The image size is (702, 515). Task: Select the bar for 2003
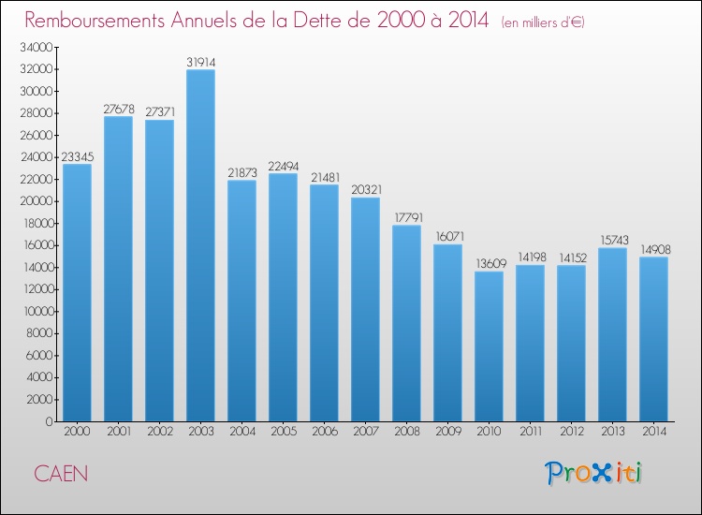tap(200, 245)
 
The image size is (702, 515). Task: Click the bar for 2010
tap(489, 346)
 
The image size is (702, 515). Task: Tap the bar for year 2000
tap(77, 292)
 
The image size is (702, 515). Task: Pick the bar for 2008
tap(406, 323)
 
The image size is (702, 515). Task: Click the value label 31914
tap(200, 62)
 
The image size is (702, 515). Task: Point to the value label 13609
tap(489, 264)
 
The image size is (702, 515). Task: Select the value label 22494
tap(283, 166)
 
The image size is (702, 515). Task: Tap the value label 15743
tap(612, 241)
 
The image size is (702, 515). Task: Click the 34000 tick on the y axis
tap(37, 47)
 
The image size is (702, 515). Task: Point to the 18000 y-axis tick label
tap(37, 223)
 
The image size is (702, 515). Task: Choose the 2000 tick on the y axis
tap(39, 399)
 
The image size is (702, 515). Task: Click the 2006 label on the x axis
tap(324, 433)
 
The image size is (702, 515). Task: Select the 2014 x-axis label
tap(653, 433)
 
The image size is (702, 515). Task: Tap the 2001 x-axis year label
tap(118, 433)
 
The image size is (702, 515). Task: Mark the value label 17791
tap(406, 218)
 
